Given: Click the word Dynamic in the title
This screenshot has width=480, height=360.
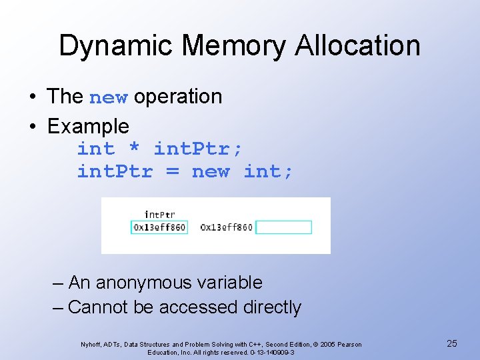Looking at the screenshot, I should coord(115,46).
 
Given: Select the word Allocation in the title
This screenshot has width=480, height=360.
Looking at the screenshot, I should coord(359,46).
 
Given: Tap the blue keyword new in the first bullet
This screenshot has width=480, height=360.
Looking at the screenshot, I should coord(108,97).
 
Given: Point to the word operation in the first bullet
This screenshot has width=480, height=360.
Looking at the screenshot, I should coord(178,97).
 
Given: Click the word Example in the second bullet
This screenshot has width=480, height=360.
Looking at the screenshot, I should coord(89,126).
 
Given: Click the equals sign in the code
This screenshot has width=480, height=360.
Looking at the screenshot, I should coord(173,172).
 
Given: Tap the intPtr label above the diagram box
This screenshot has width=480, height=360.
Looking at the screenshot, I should coord(159,215).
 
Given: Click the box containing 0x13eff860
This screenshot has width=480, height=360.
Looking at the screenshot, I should coord(159,227).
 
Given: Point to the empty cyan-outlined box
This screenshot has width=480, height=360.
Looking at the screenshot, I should coord(283,227).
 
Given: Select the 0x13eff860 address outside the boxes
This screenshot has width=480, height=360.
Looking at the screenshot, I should coord(226,227).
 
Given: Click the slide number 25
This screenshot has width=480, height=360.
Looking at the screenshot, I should coord(451,343).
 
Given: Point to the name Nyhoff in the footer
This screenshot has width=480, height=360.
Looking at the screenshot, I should coord(91,345).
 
